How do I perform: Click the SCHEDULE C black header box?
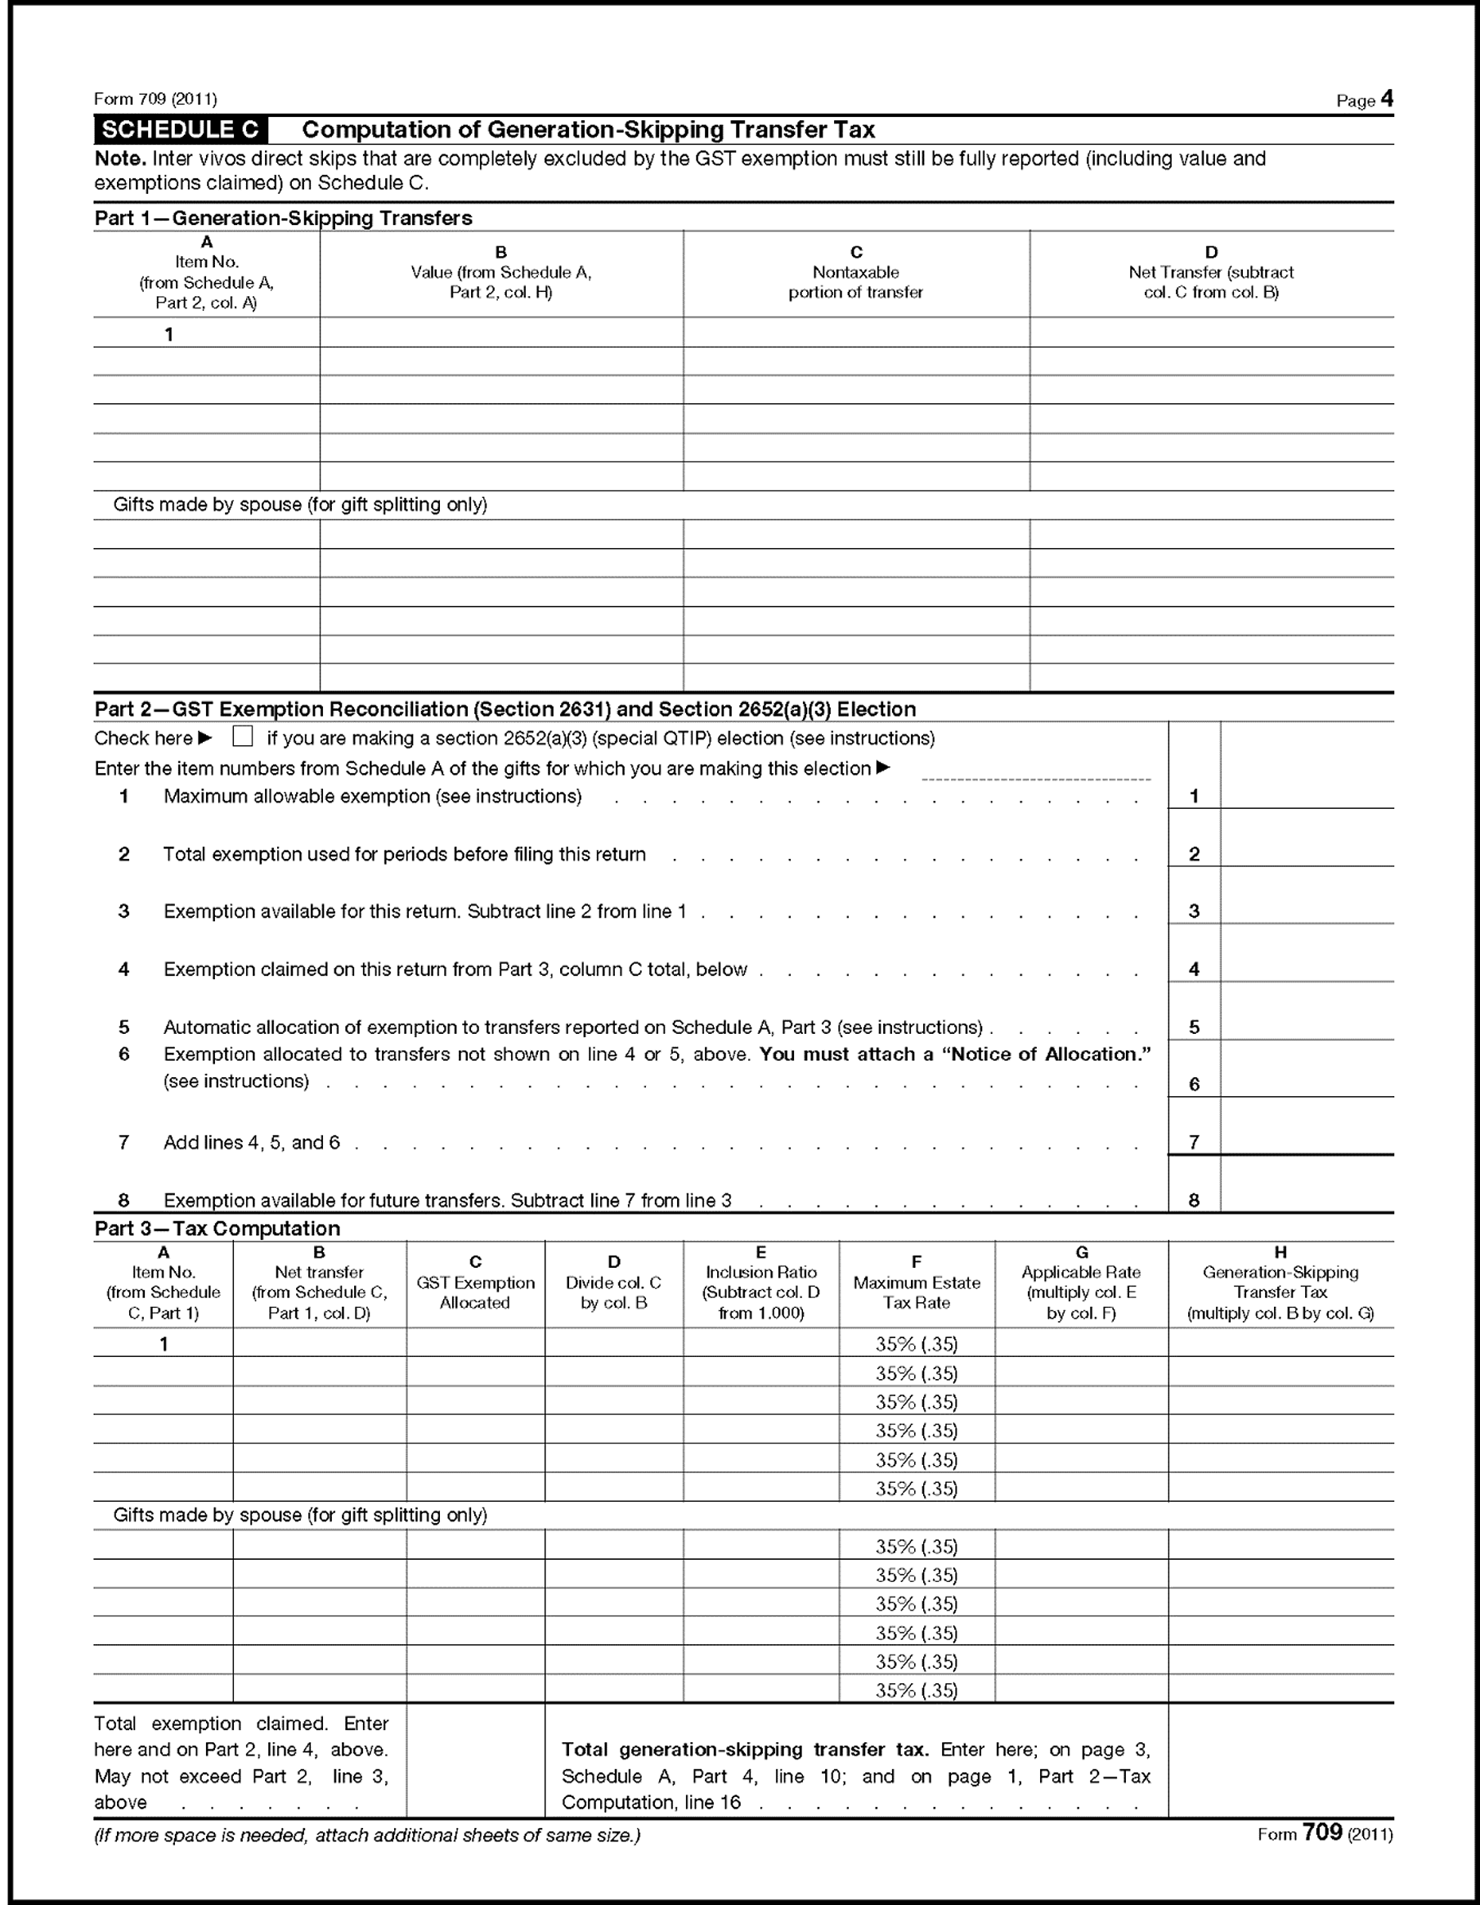(181, 130)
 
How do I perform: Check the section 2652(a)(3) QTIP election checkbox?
(243, 737)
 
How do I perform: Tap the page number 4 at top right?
(1387, 99)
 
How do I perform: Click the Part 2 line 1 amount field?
(1307, 794)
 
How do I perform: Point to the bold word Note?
(119, 159)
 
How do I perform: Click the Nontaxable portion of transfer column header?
(855, 273)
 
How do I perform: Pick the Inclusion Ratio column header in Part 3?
(760, 1283)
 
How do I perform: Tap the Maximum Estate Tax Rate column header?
(917, 1283)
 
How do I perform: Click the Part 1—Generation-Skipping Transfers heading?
(284, 218)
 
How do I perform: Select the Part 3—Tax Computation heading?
(218, 1228)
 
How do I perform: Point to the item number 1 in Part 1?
(169, 334)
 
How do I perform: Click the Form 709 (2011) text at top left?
(155, 100)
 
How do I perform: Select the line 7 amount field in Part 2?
(1307, 1139)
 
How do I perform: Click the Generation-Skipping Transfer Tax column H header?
(1280, 1283)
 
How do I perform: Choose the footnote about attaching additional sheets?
(367, 1835)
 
